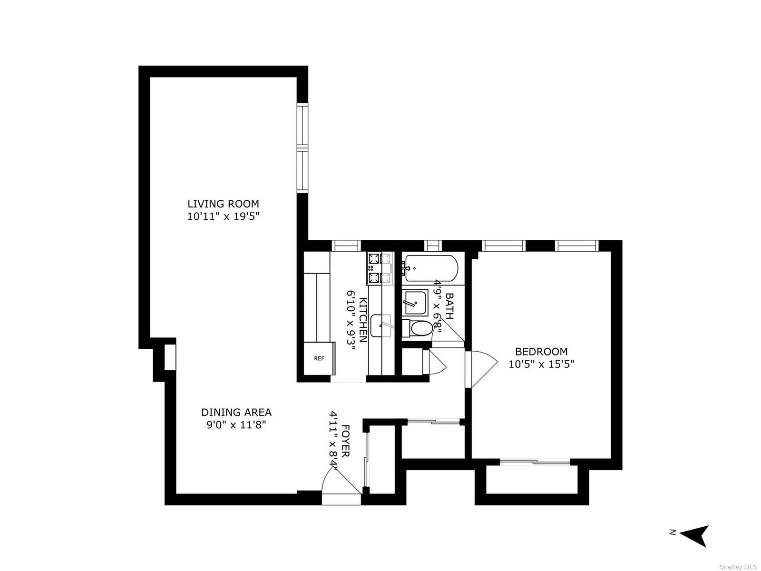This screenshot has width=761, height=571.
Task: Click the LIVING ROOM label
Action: tap(223, 204)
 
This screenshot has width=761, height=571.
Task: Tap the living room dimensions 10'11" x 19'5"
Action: tap(223, 217)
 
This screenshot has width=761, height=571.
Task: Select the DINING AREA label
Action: tap(236, 412)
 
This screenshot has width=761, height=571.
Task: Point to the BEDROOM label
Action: tap(541, 352)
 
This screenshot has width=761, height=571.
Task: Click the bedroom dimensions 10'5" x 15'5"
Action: tap(541, 364)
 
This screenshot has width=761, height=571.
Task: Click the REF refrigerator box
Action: tap(319, 358)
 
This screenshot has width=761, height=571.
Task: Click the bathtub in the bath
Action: tap(431, 268)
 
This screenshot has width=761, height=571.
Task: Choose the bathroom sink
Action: tap(415, 303)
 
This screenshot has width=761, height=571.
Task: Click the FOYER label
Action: tap(346, 441)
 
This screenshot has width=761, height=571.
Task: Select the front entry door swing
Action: tap(341, 481)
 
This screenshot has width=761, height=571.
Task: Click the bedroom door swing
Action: tap(481, 369)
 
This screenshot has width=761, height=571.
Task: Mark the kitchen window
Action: tap(346, 246)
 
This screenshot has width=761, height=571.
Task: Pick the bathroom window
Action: tap(433, 246)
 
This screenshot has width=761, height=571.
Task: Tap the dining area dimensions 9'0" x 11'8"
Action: tap(236, 425)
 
